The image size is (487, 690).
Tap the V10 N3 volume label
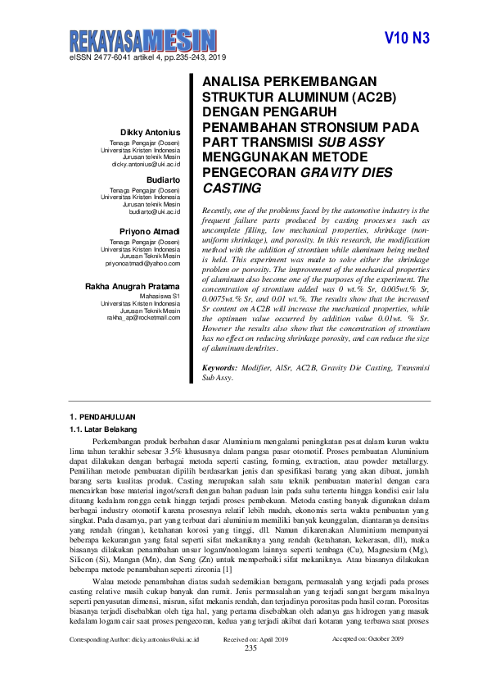pos(407,39)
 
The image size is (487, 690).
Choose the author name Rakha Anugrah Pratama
pos(133,286)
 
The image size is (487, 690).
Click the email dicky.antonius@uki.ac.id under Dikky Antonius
pos(146,164)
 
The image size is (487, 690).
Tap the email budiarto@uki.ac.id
pos(154,211)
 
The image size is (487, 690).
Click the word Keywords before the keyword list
pos(219,369)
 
